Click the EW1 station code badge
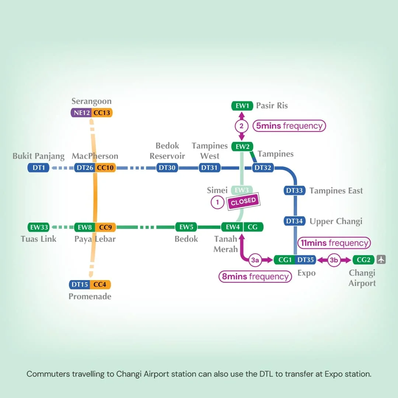coord(242,106)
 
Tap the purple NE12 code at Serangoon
coord(81,113)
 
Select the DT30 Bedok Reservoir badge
coord(167,168)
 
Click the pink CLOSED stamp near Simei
coord(244,202)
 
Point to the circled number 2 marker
coord(242,126)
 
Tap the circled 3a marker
coord(255,260)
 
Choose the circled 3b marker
coord(334,260)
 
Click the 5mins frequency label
coord(289,126)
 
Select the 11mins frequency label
coord(334,243)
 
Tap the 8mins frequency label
coord(255,276)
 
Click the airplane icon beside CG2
coord(381,259)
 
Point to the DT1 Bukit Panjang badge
coord(38,168)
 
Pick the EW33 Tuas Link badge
coord(38,227)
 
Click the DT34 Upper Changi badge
coord(294,221)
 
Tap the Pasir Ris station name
coord(272,106)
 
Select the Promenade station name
coord(90,296)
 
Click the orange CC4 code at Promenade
coord(100,284)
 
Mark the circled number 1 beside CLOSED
coord(217,202)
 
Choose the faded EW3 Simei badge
coord(242,190)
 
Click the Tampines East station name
coord(336,191)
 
